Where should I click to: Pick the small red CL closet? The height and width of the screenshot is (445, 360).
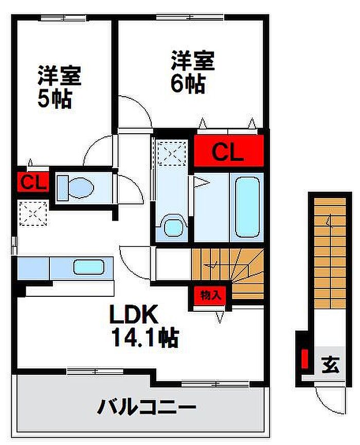[33, 182]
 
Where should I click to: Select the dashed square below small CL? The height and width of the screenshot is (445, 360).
[33, 213]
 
